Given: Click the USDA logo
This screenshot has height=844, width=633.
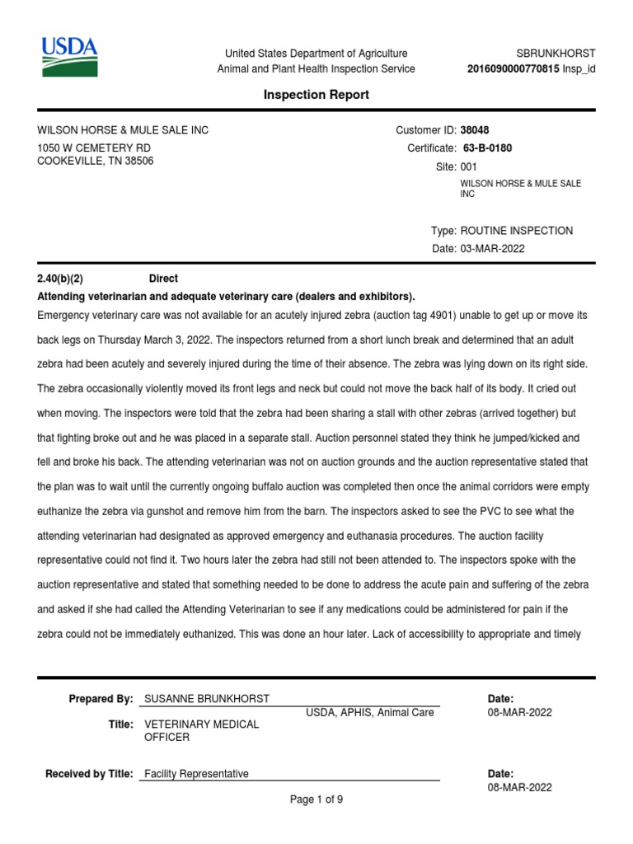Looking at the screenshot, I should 70,57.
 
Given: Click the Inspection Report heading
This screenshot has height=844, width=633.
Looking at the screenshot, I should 316,95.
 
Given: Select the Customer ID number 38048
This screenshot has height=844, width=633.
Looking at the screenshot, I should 474,130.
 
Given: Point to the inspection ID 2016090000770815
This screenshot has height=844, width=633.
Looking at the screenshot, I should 513,69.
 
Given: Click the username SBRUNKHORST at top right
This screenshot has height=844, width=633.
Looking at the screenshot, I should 556,54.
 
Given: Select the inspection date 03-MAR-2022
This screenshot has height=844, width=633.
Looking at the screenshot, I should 492,249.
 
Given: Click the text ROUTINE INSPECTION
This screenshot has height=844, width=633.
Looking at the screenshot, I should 516,231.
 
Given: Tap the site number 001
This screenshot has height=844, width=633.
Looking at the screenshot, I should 468,166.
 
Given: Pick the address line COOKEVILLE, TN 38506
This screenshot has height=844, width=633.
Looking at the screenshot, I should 96,162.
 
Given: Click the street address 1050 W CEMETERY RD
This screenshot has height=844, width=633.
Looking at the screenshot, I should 94,148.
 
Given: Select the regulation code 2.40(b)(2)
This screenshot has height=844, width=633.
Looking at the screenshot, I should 61,279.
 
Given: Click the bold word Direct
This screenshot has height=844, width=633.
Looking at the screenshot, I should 163,279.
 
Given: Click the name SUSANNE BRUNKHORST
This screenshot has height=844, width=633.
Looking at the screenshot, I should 207,699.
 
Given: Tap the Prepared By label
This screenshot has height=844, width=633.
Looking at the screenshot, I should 101,699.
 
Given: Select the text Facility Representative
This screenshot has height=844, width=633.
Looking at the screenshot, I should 196,774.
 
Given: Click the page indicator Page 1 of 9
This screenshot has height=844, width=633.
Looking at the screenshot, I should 316,799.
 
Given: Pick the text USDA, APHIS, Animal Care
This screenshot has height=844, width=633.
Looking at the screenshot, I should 370,713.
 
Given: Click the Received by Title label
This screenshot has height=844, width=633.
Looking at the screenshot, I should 89,774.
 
